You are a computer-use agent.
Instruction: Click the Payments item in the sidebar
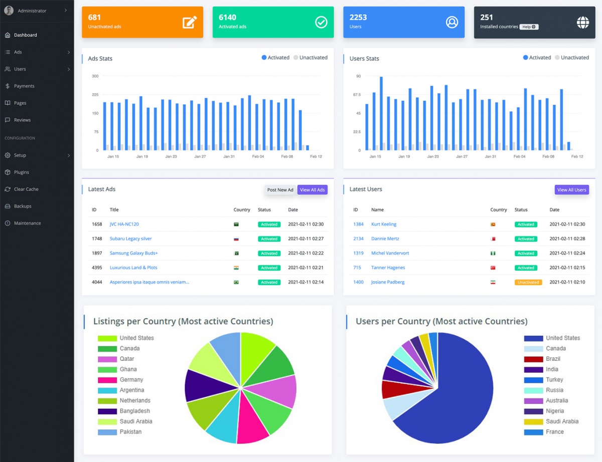coord(24,86)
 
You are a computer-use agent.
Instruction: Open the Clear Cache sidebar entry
coord(26,189)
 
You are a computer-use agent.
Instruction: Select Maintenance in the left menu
coord(27,223)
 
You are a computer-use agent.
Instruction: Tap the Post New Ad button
coord(280,190)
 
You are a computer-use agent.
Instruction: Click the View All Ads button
coord(313,190)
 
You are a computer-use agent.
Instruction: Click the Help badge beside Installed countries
coord(529,27)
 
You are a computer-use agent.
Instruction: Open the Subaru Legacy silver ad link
coord(130,239)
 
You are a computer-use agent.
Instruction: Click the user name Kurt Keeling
coord(384,224)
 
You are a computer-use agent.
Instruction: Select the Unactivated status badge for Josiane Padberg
coord(528,282)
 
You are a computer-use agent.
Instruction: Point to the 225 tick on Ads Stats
coord(95,95)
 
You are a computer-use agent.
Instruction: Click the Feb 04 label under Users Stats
coord(519,156)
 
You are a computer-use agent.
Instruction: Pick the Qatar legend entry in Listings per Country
coord(126,359)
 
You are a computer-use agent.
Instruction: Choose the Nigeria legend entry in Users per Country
coord(555,411)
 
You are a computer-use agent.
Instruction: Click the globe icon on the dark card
coord(582,22)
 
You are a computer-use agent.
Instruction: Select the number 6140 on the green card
coord(227,17)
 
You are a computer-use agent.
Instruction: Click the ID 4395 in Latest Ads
coord(97,268)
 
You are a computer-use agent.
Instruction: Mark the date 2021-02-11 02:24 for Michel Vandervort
coord(567,253)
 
